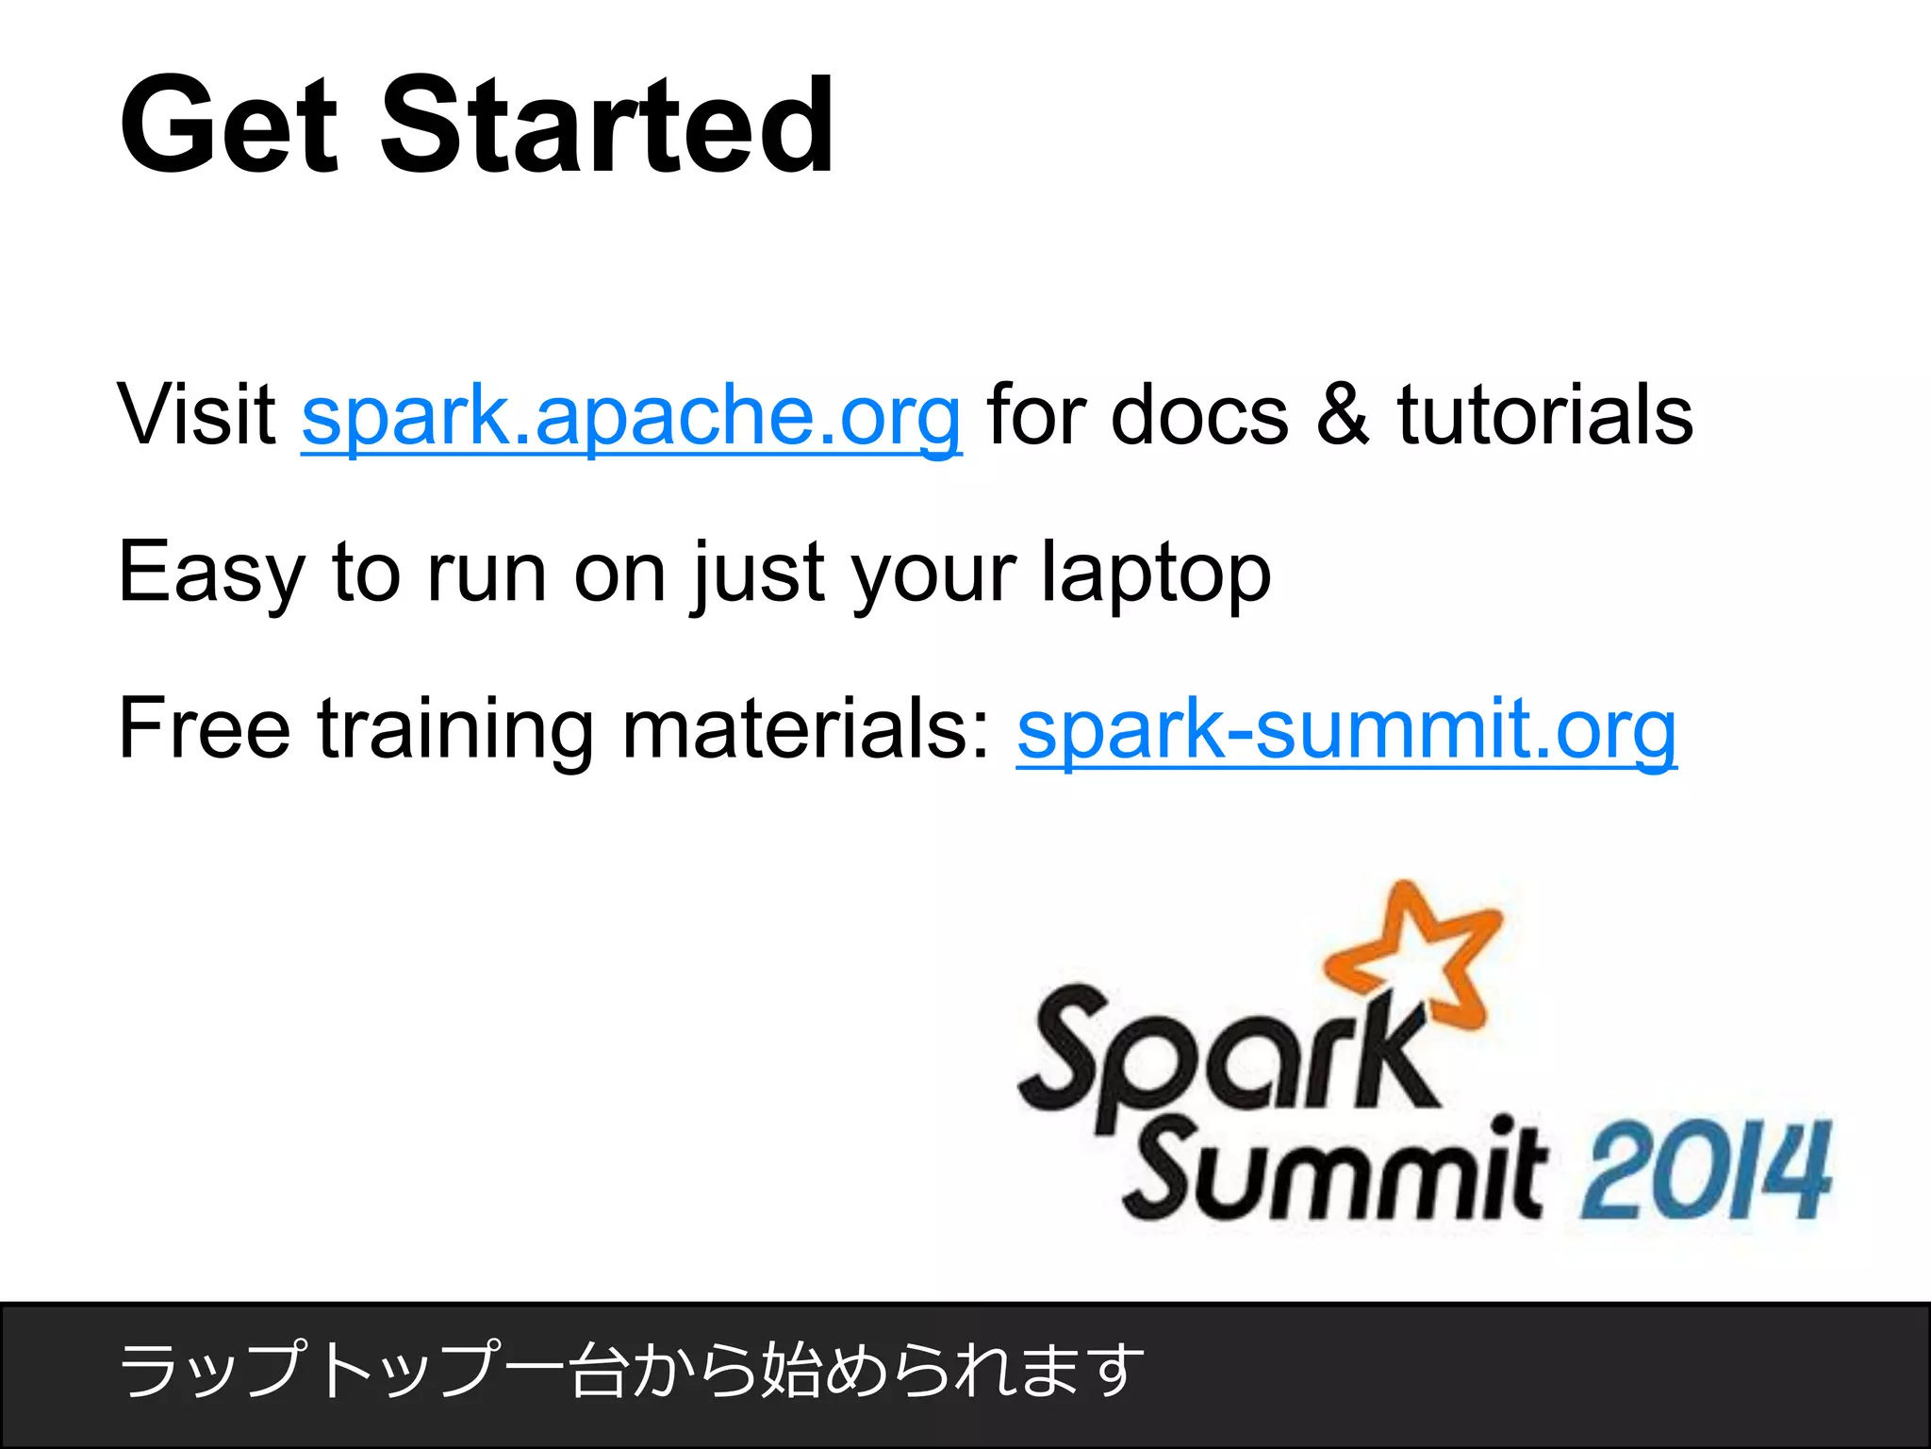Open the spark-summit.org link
click(x=1346, y=729)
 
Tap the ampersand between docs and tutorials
click(x=1342, y=415)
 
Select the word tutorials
click(x=1544, y=415)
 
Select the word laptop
click(x=1155, y=573)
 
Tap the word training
click(x=455, y=729)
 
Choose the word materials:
click(x=806, y=729)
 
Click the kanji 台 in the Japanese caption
click(x=600, y=1370)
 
